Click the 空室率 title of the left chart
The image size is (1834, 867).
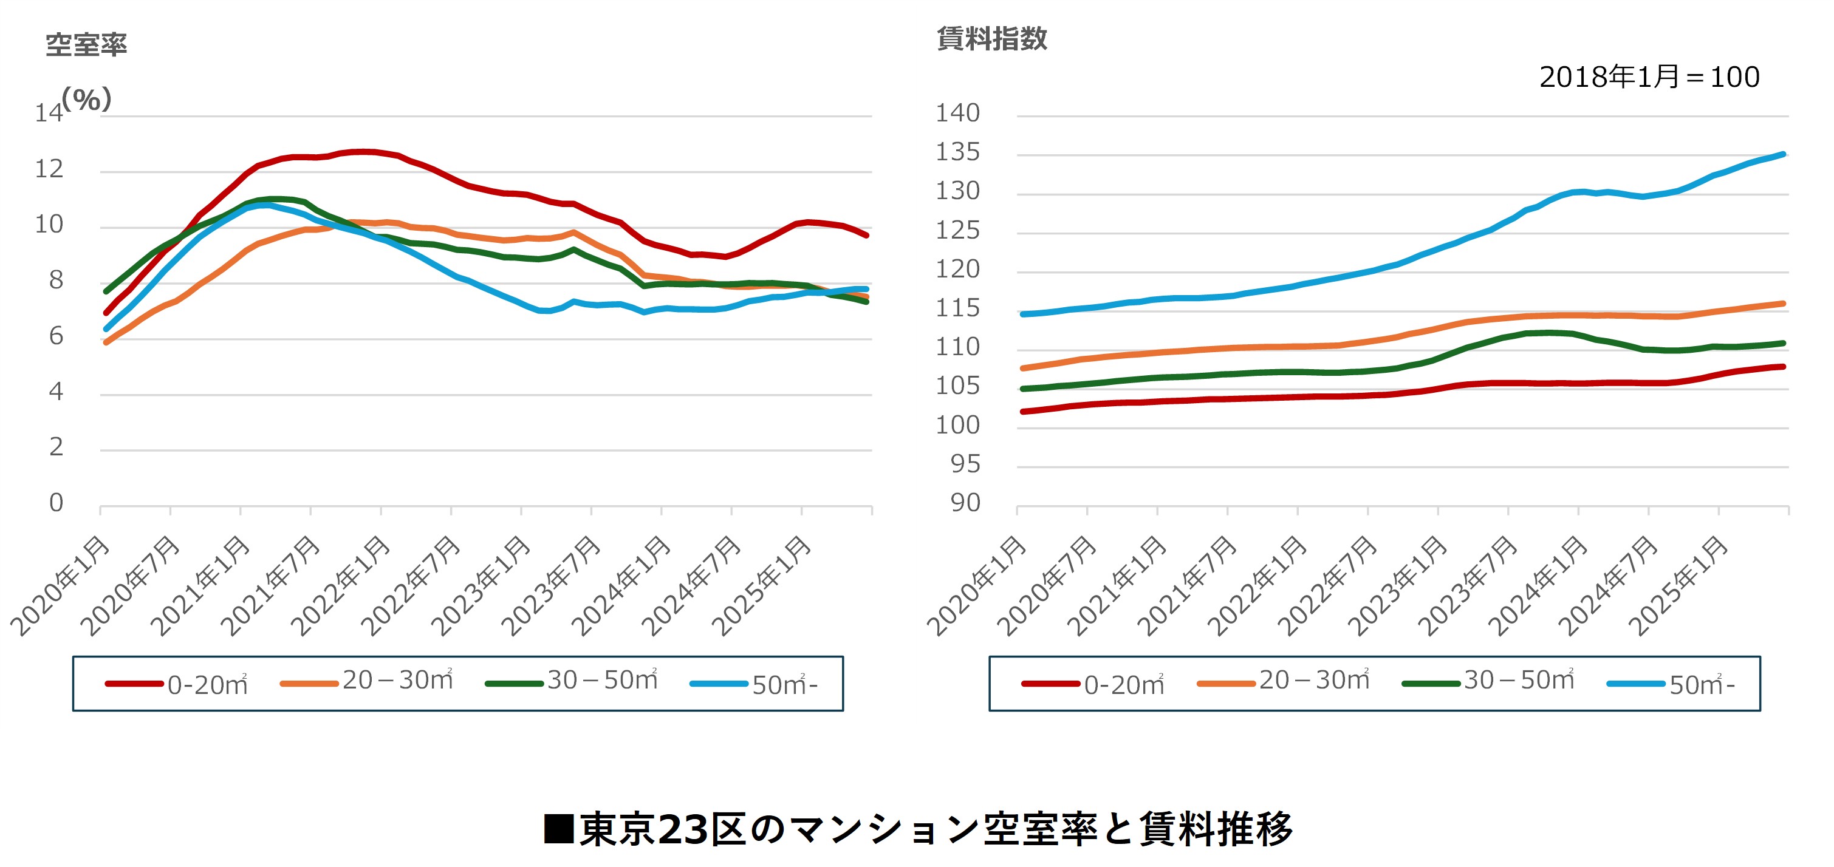pos(86,45)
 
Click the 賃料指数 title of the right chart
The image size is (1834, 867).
pos(992,38)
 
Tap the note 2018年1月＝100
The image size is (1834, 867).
pos(1649,77)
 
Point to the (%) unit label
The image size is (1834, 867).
pos(87,99)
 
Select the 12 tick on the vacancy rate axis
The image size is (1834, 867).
pos(49,169)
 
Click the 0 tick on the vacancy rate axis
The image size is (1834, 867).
pos(56,503)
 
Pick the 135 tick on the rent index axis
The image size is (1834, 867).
pos(957,152)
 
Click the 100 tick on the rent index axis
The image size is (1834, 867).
pos(957,425)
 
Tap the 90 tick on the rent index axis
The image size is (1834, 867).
pos(965,503)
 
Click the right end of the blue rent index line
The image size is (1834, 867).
pos(1784,154)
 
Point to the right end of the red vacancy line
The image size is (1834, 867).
pos(866,235)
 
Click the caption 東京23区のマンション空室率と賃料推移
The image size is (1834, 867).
pos(919,829)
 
